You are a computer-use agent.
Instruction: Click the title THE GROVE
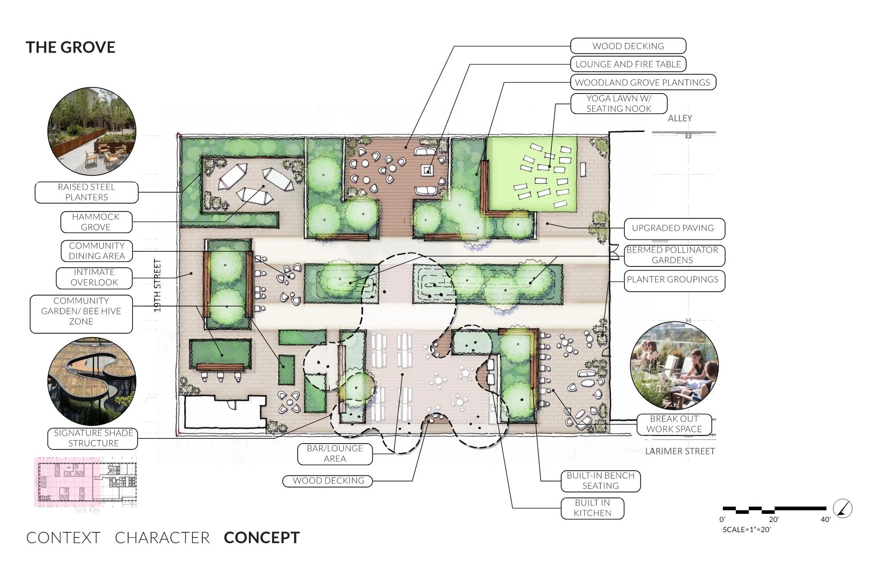pos(70,47)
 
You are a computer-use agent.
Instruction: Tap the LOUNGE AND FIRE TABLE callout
pos(628,64)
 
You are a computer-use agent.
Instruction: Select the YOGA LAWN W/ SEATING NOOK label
pos(619,103)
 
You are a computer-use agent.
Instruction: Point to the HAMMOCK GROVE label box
pos(96,222)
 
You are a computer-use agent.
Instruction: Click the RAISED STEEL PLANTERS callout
pos(86,192)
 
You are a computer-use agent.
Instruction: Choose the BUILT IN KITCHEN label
pos(592,508)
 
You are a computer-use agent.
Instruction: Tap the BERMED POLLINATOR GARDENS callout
pos(674,255)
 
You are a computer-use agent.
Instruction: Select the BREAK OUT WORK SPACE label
pos(674,424)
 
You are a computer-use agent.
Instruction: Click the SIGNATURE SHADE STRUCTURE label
pos(93,438)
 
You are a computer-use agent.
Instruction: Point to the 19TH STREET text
pos(157,285)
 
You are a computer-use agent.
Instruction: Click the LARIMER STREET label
pos(680,451)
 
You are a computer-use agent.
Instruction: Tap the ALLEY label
pos(680,118)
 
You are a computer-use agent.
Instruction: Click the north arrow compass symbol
pos(842,508)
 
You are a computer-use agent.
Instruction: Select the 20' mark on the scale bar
pos(773,520)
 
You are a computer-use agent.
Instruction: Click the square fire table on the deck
pos(427,170)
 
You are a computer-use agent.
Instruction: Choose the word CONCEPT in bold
pos(262,538)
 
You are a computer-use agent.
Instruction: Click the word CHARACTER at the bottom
pos(162,538)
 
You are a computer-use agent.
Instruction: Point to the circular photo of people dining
pos(674,366)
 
